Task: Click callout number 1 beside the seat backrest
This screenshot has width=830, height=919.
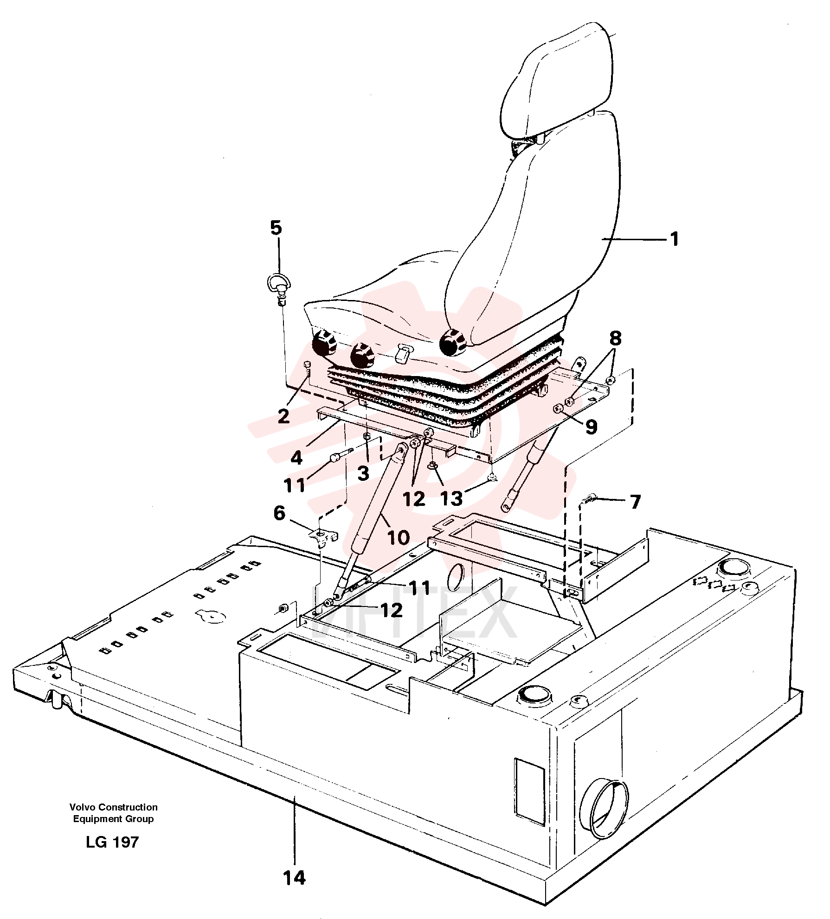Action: (x=674, y=239)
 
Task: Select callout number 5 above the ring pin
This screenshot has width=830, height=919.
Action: (x=276, y=228)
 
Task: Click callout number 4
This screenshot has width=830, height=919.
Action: (x=296, y=458)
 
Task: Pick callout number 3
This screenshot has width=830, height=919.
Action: (x=363, y=473)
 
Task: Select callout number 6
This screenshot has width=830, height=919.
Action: (x=279, y=513)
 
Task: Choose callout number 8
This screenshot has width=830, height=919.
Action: (x=615, y=338)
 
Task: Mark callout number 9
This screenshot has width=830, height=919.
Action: (x=591, y=427)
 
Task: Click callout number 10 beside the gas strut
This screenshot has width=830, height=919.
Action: (x=398, y=537)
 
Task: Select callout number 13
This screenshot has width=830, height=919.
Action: (x=451, y=498)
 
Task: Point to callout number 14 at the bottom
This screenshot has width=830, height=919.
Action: (x=295, y=878)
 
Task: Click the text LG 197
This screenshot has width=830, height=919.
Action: (x=112, y=842)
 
